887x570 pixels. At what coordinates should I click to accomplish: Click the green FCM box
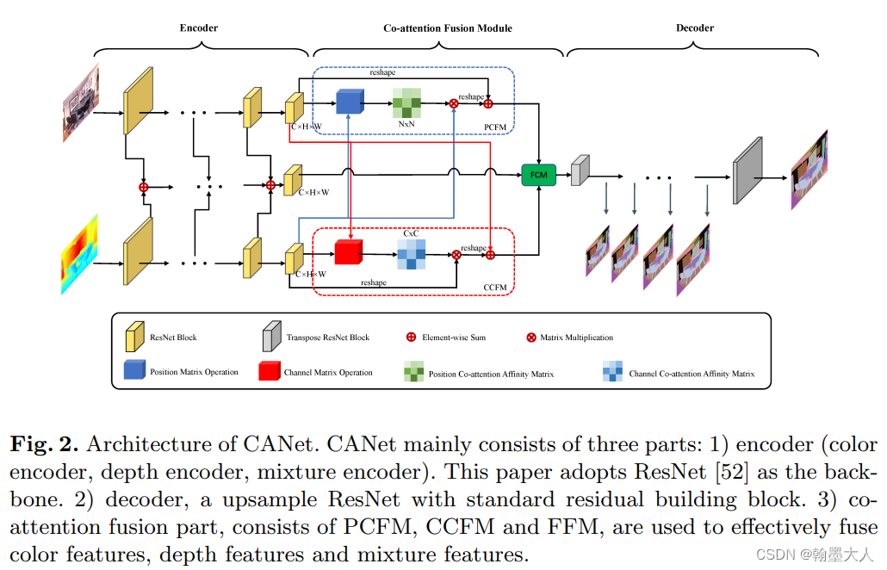pos(538,174)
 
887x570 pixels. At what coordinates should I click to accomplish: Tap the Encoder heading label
pos(199,28)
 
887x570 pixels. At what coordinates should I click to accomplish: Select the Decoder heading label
pos(694,28)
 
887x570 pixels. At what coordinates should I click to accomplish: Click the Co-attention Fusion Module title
pos(448,28)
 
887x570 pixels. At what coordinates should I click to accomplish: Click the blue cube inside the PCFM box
pos(349,102)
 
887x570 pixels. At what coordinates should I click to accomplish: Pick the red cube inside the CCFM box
pos(348,252)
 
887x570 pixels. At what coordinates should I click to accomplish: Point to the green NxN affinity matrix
pos(406,103)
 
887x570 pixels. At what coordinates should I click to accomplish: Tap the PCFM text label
pos(495,127)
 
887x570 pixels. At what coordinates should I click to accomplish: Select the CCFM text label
pos(495,287)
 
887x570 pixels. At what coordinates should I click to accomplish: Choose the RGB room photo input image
pos(80,102)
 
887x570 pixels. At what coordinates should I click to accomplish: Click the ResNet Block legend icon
pos(134,338)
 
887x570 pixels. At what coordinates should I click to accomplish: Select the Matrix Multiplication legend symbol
pos(530,338)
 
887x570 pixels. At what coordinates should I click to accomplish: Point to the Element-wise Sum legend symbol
pos(411,338)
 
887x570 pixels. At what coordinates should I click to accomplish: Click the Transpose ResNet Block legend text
pos(327,338)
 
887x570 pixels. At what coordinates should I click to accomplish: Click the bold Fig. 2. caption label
pos(45,444)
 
